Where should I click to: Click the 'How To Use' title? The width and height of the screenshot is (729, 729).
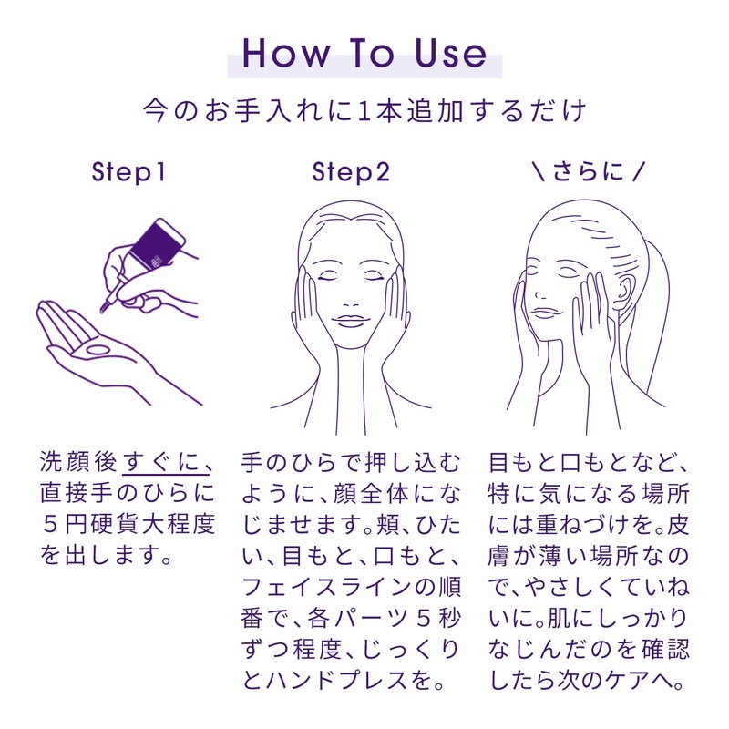click(364, 54)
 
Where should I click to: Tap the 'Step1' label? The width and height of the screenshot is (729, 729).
click(128, 172)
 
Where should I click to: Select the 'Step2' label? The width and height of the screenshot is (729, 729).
click(351, 172)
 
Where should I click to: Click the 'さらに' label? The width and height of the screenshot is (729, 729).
click(588, 171)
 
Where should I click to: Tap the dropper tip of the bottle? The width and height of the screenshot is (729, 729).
click(103, 307)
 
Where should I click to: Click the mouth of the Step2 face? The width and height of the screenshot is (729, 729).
click(351, 321)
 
